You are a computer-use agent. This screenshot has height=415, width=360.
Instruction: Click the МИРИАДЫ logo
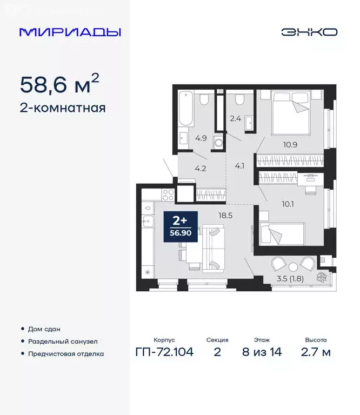pyautogui.click(x=70, y=32)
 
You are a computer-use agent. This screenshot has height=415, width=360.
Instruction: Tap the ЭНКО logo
pyautogui.click(x=309, y=32)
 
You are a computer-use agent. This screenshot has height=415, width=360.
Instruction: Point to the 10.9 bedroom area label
pyautogui.click(x=290, y=144)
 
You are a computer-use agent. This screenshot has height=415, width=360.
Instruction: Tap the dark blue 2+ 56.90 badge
pyautogui.click(x=181, y=226)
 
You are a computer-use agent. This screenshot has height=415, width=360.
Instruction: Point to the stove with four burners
pyautogui.click(x=167, y=193)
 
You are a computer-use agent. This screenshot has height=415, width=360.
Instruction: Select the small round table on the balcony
pyautogui.click(x=292, y=266)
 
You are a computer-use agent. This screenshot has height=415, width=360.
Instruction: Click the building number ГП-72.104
pyautogui.click(x=164, y=352)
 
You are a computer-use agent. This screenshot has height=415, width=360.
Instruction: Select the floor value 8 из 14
pyautogui.click(x=263, y=352)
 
